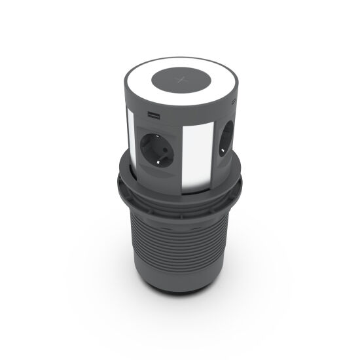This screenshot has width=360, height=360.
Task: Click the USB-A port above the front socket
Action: coord(154,117)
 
